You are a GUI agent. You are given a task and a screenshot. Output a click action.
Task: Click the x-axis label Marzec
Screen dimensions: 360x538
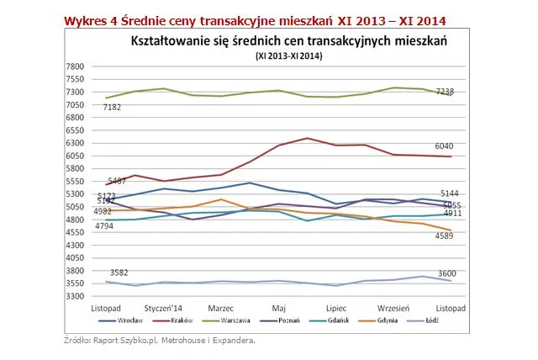click(x=220, y=309)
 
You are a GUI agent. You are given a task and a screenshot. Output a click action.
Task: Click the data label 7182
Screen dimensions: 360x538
click(x=113, y=108)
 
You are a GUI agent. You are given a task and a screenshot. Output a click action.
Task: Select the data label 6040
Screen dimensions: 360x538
click(x=444, y=146)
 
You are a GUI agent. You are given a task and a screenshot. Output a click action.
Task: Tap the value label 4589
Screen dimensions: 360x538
click(x=444, y=236)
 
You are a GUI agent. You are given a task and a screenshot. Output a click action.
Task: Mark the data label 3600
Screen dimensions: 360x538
click(x=444, y=272)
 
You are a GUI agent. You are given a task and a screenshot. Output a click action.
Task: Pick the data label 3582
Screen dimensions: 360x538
click(x=119, y=272)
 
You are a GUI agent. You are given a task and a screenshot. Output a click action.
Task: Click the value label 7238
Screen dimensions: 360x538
click(x=444, y=89)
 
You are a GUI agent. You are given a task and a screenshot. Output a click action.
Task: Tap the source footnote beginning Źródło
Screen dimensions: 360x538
click(x=159, y=341)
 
